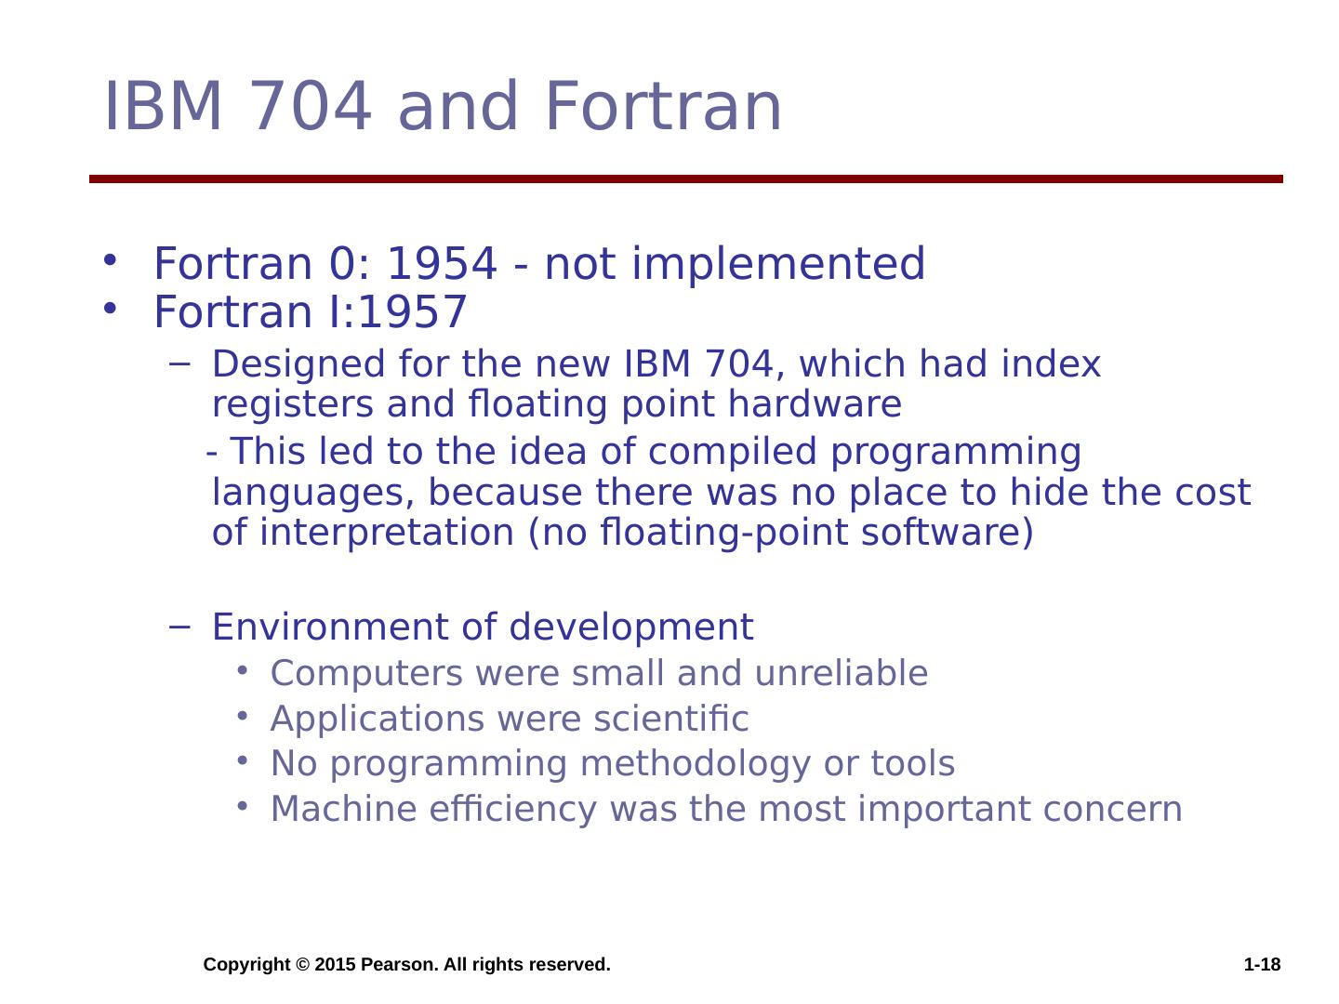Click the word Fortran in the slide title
pos(662,106)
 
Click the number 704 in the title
pos(311,106)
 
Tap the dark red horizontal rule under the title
pos(685,178)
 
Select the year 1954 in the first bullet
pos(442,263)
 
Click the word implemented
pos(777,265)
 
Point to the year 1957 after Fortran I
pos(413,311)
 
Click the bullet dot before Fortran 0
pos(110,259)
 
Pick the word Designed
pos(298,365)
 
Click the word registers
pos(292,404)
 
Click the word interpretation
pos(387,533)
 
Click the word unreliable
pos(842,673)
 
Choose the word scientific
pos(671,718)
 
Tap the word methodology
pos(695,764)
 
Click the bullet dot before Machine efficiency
pos(243,806)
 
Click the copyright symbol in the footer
pos(302,964)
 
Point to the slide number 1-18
pos(1262,964)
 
